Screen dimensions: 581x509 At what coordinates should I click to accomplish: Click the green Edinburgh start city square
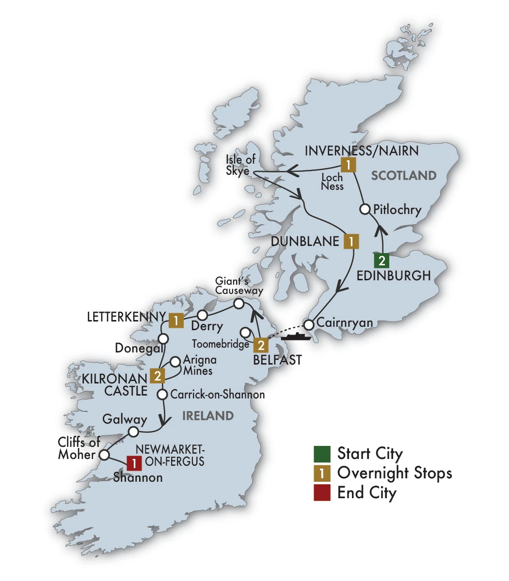[382, 261]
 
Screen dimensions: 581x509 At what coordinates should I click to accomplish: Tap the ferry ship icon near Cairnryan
[295, 336]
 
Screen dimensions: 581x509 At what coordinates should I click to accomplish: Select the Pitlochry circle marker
[366, 210]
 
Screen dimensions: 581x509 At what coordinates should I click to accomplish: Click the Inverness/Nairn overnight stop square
[348, 165]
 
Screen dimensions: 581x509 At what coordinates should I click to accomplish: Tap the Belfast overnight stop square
[261, 345]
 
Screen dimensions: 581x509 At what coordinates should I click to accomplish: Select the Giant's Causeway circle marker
[239, 304]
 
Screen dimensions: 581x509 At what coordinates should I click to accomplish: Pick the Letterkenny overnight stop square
[176, 320]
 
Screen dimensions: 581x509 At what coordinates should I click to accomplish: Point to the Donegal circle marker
[163, 337]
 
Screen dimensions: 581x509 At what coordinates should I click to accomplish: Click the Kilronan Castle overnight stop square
[157, 376]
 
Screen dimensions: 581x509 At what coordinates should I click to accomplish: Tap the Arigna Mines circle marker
[176, 361]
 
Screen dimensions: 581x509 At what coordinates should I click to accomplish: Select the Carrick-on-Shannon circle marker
[163, 394]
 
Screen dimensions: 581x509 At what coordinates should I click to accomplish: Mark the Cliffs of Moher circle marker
[103, 455]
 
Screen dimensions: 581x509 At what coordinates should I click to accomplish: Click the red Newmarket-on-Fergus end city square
[134, 463]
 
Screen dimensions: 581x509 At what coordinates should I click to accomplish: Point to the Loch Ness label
[332, 182]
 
